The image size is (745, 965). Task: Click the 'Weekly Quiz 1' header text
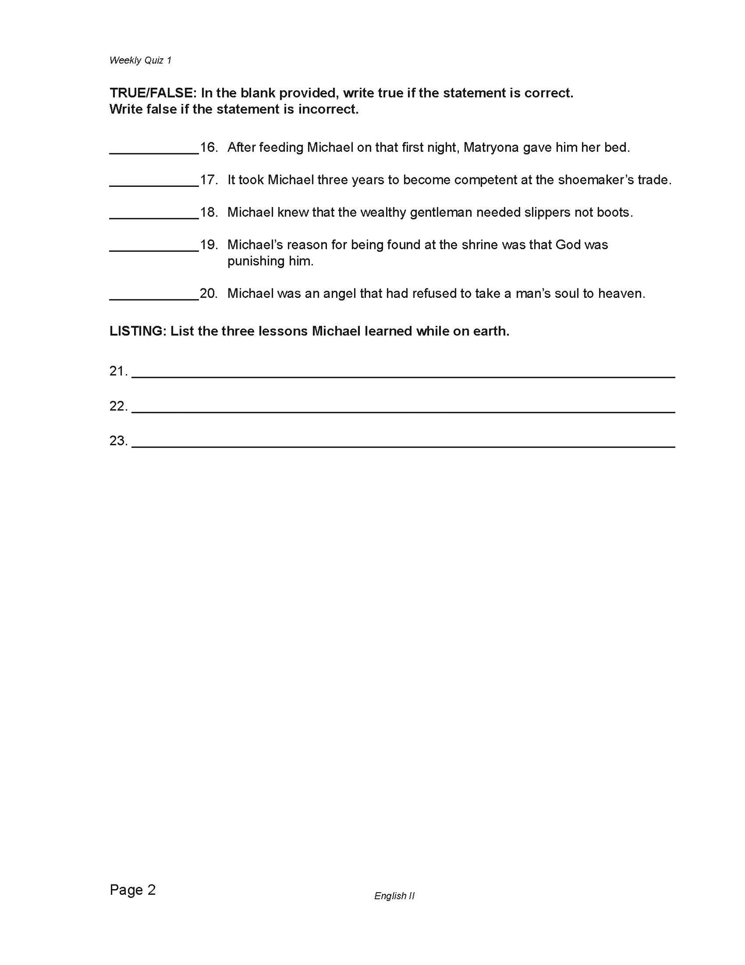140,60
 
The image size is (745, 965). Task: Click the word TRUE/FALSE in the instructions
153,93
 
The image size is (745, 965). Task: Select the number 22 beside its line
118,407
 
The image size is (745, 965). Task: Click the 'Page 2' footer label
133,890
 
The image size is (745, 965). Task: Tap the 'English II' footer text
394,896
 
